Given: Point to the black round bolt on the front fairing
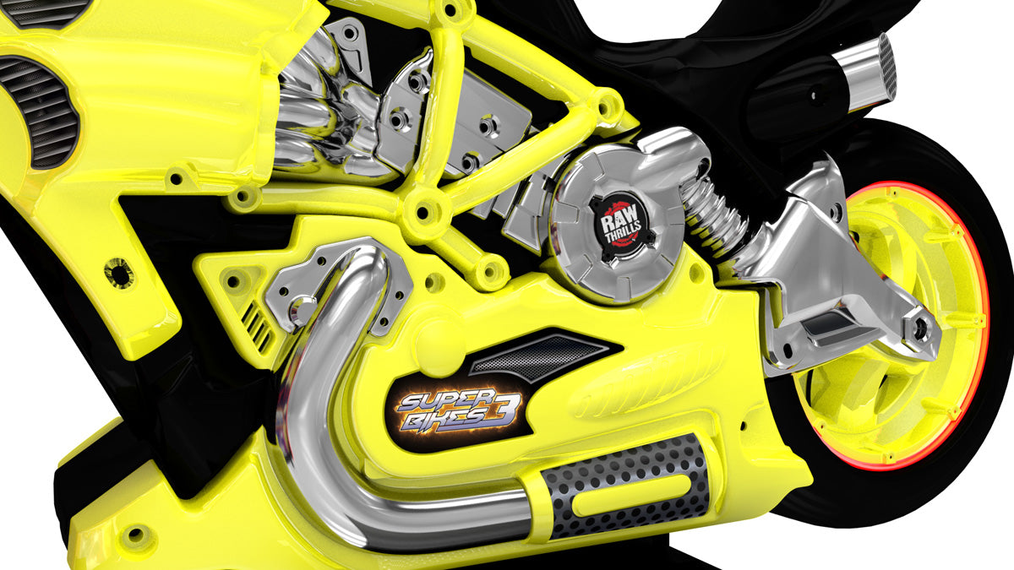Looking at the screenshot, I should [118, 272].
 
